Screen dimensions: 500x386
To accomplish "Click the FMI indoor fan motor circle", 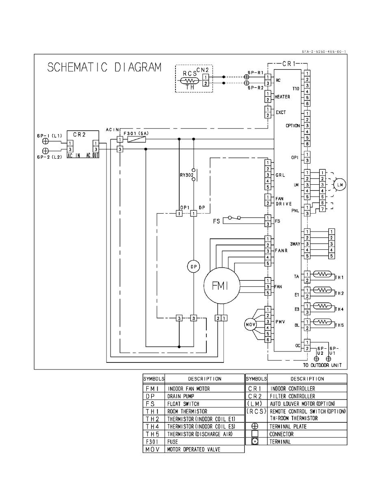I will tap(220, 286).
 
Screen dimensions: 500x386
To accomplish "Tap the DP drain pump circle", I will tap(193, 266).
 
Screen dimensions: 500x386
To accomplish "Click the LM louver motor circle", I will tap(340, 185).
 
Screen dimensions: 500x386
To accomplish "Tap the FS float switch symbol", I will tap(234, 218).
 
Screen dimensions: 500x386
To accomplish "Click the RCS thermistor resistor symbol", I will tap(190, 81).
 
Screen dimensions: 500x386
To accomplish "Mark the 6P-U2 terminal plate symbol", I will tap(317, 359).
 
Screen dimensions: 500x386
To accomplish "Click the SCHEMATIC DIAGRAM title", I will tap(104, 67).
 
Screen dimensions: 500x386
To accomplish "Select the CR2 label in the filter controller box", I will tap(79, 135).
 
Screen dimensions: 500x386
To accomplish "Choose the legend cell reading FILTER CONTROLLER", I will tap(293, 396).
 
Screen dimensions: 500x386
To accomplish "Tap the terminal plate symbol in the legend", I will tap(255, 426).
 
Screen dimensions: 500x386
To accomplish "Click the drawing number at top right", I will tap(324, 52).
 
